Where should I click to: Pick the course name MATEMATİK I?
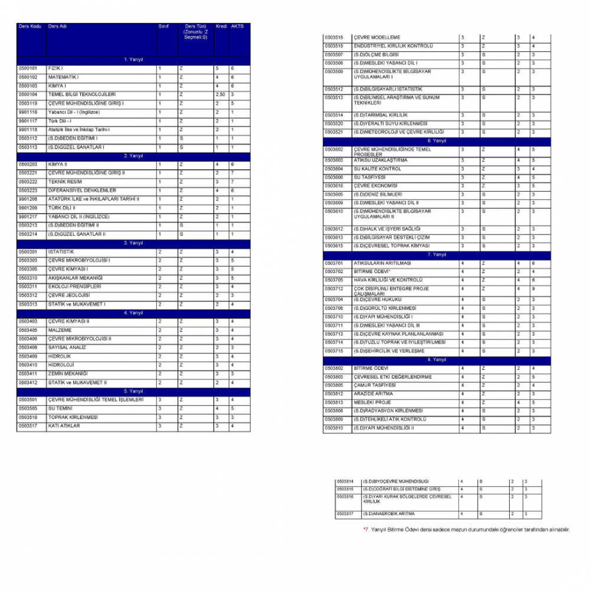tap(63, 77)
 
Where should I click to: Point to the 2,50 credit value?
tap(220, 94)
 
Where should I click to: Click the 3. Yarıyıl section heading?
tap(133, 243)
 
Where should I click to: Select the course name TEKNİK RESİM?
tap(65, 182)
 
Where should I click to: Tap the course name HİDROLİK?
tap(60, 356)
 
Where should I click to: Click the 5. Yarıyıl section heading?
tap(133, 391)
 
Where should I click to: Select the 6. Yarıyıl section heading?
tap(437, 141)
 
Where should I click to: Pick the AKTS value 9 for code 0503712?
tap(533, 289)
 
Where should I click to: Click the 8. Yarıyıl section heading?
tap(437, 359)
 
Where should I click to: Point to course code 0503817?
tap(345, 514)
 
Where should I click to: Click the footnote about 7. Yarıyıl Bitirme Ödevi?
tap(467, 530)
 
